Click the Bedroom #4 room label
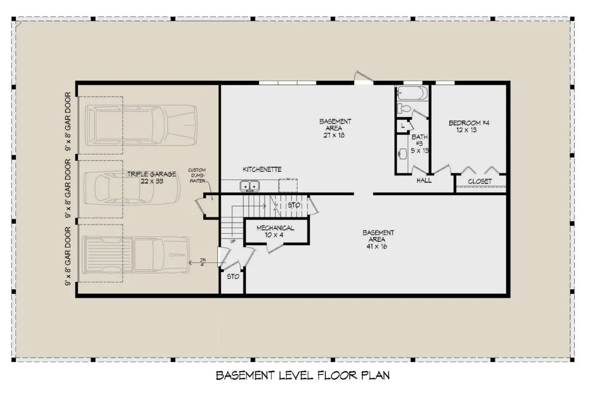[x=469, y=127]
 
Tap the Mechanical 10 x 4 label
[x=275, y=231]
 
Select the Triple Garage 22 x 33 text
[x=151, y=178]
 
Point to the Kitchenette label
[x=262, y=169]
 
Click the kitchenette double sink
[x=250, y=186]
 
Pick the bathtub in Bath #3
[x=412, y=93]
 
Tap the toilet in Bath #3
[x=404, y=109]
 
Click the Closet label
[x=480, y=181]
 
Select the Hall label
[x=424, y=181]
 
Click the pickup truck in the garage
[x=136, y=255]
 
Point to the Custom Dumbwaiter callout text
[x=197, y=175]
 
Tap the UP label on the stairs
[x=233, y=242]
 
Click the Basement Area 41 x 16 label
[x=378, y=239]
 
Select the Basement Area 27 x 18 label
[x=335, y=129]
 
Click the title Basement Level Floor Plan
[x=303, y=376]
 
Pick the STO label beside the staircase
[x=294, y=205]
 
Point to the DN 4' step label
[x=203, y=262]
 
